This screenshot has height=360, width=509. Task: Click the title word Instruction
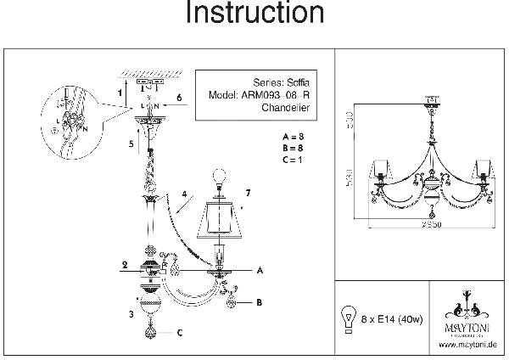click(x=255, y=14)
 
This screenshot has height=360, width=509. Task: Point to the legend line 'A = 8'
click(x=292, y=136)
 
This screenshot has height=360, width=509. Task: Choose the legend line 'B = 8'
click(x=292, y=147)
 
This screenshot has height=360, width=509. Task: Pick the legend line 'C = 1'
click(x=292, y=159)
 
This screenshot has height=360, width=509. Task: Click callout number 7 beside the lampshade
click(x=249, y=194)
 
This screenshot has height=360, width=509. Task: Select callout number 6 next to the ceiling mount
click(x=180, y=98)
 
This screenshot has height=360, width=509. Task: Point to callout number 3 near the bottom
click(x=130, y=315)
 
